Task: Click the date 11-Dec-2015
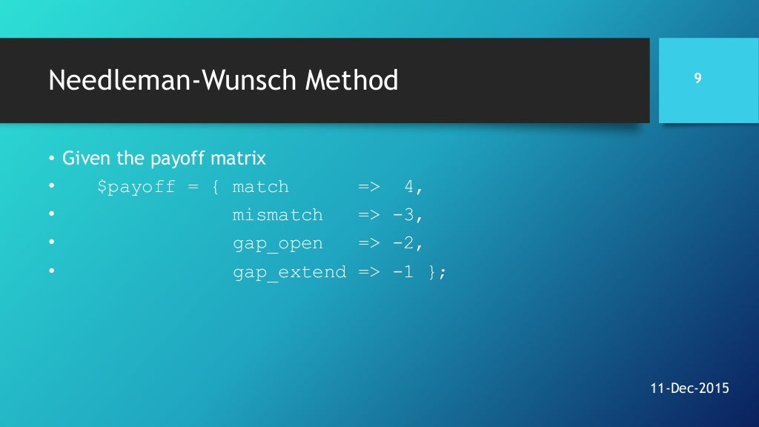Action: click(x=689, y=388)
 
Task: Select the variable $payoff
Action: click(x=136, y=187)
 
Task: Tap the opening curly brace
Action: click(x=215, y=187)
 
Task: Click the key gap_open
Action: click(x=278, y=244)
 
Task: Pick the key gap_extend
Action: click(x=289, y=272)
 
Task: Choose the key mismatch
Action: click(x=278, y=216)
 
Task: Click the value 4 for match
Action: click(x=408, y=187)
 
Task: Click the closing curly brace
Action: click(x=432, y=272)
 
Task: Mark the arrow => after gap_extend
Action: click(x=368, y=272)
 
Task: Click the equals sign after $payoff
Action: click(x=193, y=187)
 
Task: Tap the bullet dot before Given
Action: click(x=52, y=159)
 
